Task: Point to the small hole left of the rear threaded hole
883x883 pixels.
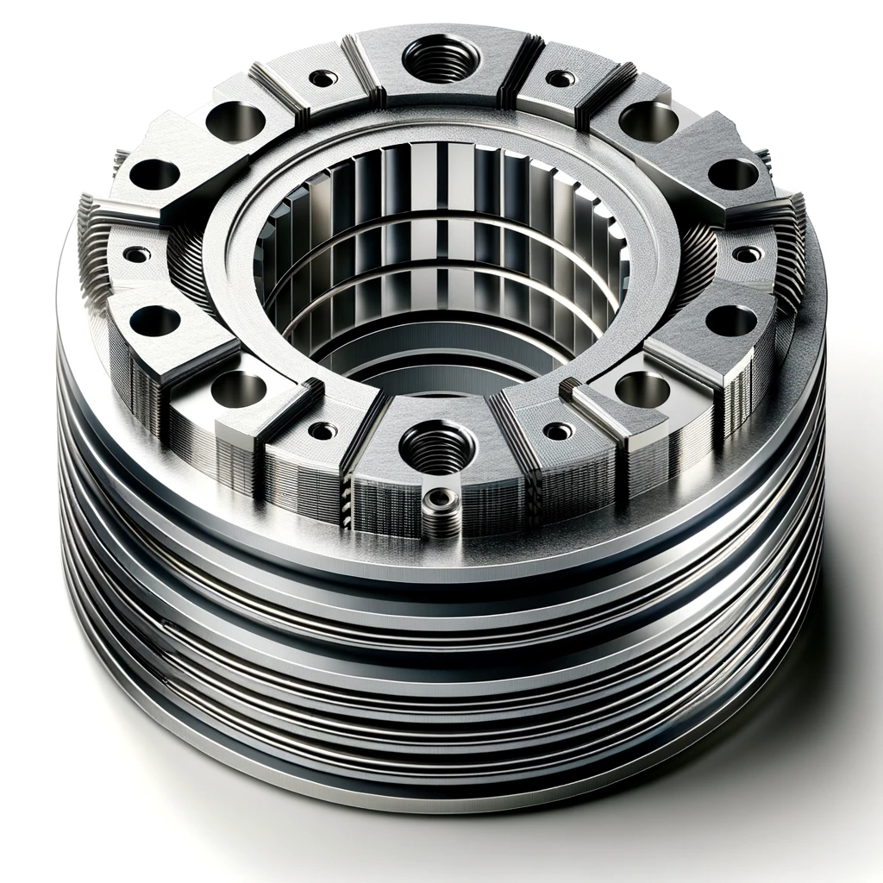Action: coord(323,78)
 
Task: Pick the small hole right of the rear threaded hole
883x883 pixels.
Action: coord(560,78)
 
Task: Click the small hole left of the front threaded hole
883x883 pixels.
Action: coord(324,430)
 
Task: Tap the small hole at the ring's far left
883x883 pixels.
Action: coord(136,254)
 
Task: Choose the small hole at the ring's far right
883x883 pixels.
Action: coord(747,254)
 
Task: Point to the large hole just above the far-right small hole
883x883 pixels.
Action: coord(727,173)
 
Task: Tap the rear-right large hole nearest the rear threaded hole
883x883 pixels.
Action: coord(648,121)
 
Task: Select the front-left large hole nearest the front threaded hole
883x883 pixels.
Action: coord(236,389)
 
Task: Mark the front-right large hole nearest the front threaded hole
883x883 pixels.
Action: coord(642,389)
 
